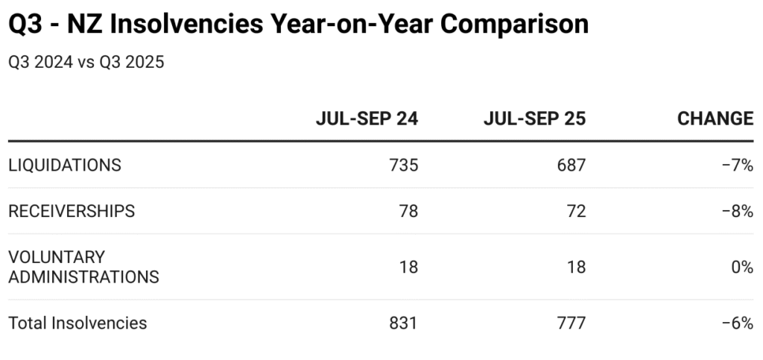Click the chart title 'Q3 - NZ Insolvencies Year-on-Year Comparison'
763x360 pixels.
[298, 24]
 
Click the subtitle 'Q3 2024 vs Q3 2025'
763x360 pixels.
[86, 62]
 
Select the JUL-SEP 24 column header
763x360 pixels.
[367, 119]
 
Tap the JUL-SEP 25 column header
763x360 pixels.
[534, 119]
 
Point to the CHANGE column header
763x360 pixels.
[715, 119]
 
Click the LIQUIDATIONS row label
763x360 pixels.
[64, 165]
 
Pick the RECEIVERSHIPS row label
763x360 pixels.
[72, 211]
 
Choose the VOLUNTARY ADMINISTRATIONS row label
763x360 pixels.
[83, 267]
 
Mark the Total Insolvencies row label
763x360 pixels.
[77, 323]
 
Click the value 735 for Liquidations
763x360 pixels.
[404, 165]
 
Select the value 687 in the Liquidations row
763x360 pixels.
[572, 165]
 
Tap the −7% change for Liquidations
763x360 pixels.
[738, 165]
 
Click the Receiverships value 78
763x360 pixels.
[409, 211]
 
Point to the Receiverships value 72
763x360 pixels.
[577, 211]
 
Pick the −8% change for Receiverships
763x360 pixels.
[738, 211]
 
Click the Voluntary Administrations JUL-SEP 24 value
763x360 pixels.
[409, 267]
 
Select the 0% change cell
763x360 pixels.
[742, 267]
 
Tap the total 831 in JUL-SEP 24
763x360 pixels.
[404, 323]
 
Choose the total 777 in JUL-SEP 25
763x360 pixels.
[572, 323]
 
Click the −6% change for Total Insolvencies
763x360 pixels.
[738, 323]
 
